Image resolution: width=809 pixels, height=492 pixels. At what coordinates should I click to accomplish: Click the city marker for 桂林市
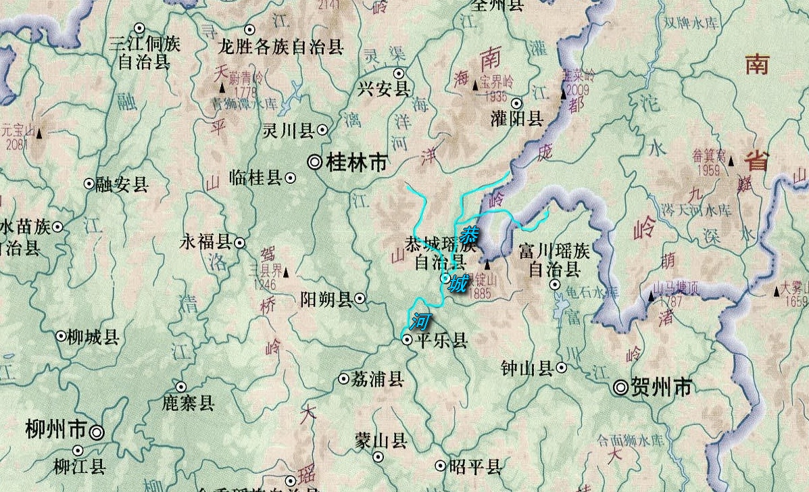[315, 162]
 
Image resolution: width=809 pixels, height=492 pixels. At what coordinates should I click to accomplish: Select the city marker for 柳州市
[98, 431]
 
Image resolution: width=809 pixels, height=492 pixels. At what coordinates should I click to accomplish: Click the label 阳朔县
[326, 299]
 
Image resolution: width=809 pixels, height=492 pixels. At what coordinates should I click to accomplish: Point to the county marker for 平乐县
[407, 340]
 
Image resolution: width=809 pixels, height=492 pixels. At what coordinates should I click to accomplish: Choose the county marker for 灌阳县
[516, 103]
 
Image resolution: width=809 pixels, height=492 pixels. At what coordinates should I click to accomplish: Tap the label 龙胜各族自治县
[280, 47]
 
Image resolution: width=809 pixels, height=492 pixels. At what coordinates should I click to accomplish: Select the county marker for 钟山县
[562, 368]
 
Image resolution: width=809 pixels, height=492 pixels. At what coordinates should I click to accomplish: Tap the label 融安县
[122, 184]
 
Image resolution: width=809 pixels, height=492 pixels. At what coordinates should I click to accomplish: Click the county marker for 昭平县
[441, 465]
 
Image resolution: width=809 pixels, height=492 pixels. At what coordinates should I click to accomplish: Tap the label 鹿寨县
[188, 403]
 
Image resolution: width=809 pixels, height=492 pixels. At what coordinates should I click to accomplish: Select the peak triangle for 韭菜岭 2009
[564, 95]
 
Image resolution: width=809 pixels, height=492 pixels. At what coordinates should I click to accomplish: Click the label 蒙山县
[381, 442]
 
